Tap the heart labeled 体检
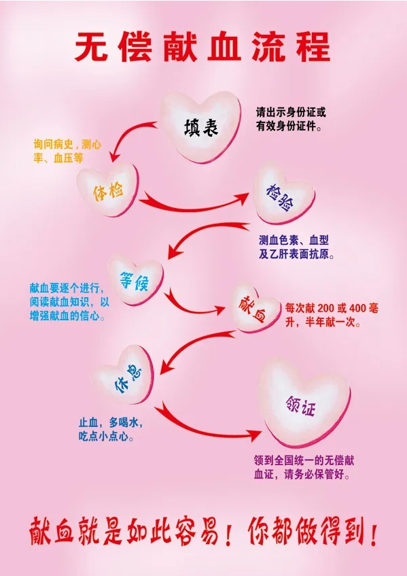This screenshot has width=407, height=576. [108, 190]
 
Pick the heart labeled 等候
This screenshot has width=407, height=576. [135, 280]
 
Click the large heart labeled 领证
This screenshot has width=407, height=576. [304, 404]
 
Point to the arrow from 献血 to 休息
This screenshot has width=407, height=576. [191, 343]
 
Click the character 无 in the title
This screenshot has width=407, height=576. [92, 47]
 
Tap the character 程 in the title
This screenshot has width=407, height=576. [313, 47]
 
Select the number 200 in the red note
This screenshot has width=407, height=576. [326, 308]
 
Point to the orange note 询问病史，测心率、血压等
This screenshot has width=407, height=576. [67, 151]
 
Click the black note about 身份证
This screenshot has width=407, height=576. [291, 119]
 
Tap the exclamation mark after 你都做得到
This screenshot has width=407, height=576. [374, 532]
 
